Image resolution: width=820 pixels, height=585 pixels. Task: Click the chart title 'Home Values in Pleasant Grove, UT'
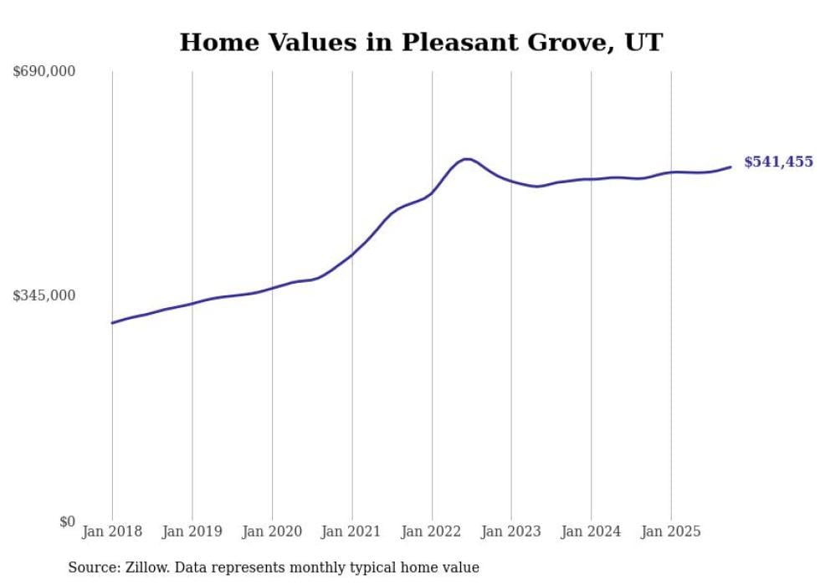(421, 42)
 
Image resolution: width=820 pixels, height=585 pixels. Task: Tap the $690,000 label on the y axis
(44, 72)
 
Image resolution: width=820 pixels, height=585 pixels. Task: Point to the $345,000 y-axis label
(44, 295)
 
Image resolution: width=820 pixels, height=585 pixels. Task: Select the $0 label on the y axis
(67, 521)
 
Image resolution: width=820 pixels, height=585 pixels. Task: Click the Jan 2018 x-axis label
(112, 531)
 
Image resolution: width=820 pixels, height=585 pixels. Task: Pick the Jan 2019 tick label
(192, 531)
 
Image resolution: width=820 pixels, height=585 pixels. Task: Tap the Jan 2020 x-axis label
(272, 531)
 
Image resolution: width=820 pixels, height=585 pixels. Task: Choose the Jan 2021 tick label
(351, 531)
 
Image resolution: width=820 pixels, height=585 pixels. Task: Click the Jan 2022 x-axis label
(432, 531)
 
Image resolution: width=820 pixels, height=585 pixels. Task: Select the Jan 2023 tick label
(511, 531)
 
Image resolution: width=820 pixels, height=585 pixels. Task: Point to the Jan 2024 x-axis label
(591, 531)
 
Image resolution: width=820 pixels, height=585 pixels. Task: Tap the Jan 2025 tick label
(670, 531)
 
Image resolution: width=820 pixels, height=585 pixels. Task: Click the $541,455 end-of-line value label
(778, 162)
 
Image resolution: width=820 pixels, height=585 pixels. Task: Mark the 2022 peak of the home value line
(466, 158)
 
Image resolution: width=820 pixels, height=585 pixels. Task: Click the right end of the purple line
(730, 167)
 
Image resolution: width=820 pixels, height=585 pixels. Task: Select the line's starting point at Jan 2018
(112, 322)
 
